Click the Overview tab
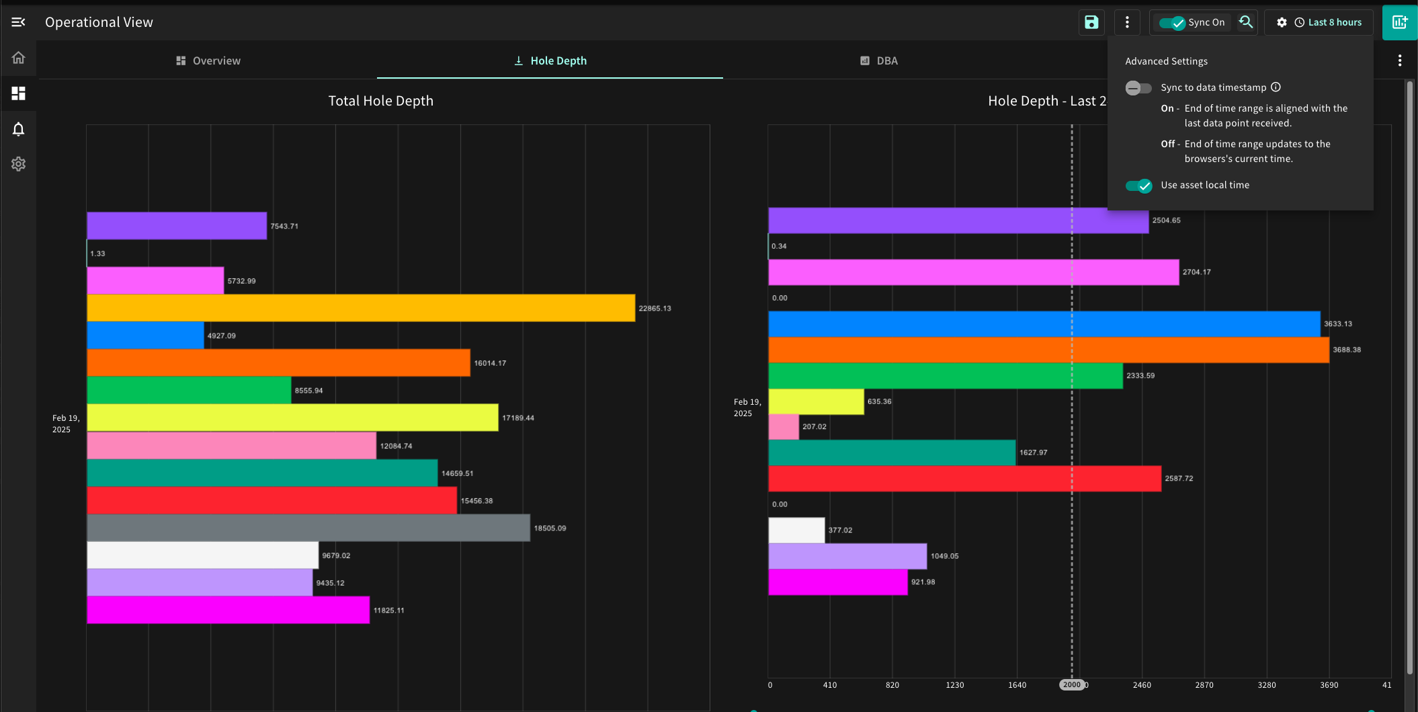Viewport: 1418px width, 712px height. [x=208, y=61]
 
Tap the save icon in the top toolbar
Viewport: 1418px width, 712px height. [x=1091, y=22]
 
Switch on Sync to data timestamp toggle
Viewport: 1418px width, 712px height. [x=1138, y=88]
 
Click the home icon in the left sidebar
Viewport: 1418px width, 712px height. [x=18, y=58]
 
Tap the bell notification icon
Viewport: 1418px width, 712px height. [x=18, y=128]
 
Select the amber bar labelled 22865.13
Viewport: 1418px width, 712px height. [x=361, y=308]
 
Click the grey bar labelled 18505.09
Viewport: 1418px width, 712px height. [x=308, y=528]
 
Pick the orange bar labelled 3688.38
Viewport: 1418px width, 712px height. [x=1049, y=350]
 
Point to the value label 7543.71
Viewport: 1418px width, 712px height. [x=284, y=226]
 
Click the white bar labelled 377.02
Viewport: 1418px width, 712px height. [x=797, y=530]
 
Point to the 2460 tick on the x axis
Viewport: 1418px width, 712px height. [x=1142, y=685]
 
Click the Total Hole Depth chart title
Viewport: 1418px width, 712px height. [x=381, y=101]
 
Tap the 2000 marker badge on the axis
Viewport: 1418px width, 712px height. [x=1072, y=684]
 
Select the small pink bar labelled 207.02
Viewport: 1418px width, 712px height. [x=784, y=427]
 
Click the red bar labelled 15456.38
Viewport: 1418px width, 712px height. [x=272, y=500]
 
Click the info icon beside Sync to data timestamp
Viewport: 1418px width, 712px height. [x=1276, y=87]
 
